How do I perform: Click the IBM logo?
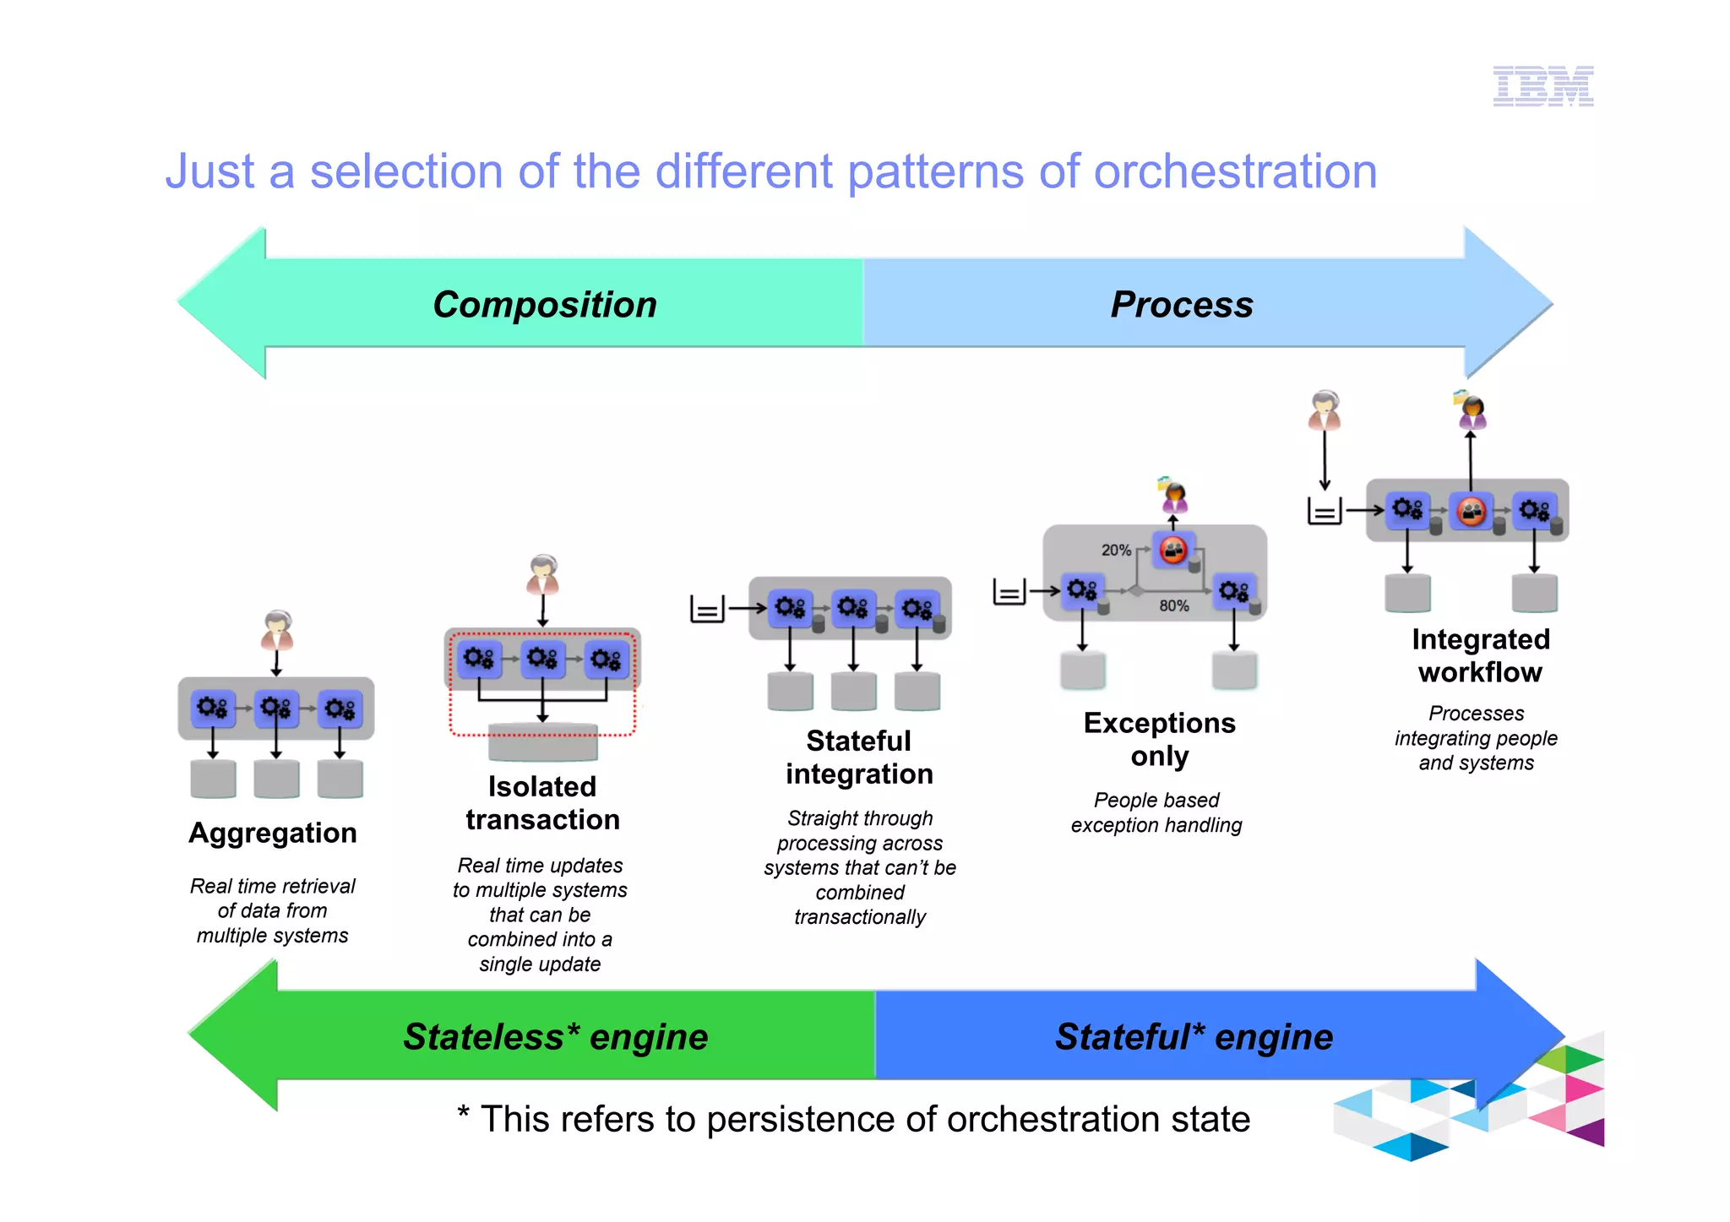[x=1542, y=86]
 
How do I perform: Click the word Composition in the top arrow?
[x=545, y=304]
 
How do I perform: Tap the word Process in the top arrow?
[x=1181, y=304]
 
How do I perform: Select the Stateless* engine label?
[x=555, y=1036]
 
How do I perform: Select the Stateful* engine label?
[x=1194, y=1036]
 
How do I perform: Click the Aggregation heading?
[x=272, y=833]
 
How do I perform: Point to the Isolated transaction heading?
[x=542, y=803]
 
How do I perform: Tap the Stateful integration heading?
[x=859, y=757]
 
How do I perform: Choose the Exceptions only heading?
[x=1159, y=739]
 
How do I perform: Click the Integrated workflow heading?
[x=1480, y=655]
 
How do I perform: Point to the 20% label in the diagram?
[x=1115, y=550]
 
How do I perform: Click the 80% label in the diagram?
[x=1173, y=606]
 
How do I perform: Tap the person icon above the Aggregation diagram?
[x=277, y=630]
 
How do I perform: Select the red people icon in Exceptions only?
[x=1173, y=551]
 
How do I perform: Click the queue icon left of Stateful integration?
[x=707, y=608]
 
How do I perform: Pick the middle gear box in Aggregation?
[x=276, y=708]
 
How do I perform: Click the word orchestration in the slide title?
[x=1235, y=171]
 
